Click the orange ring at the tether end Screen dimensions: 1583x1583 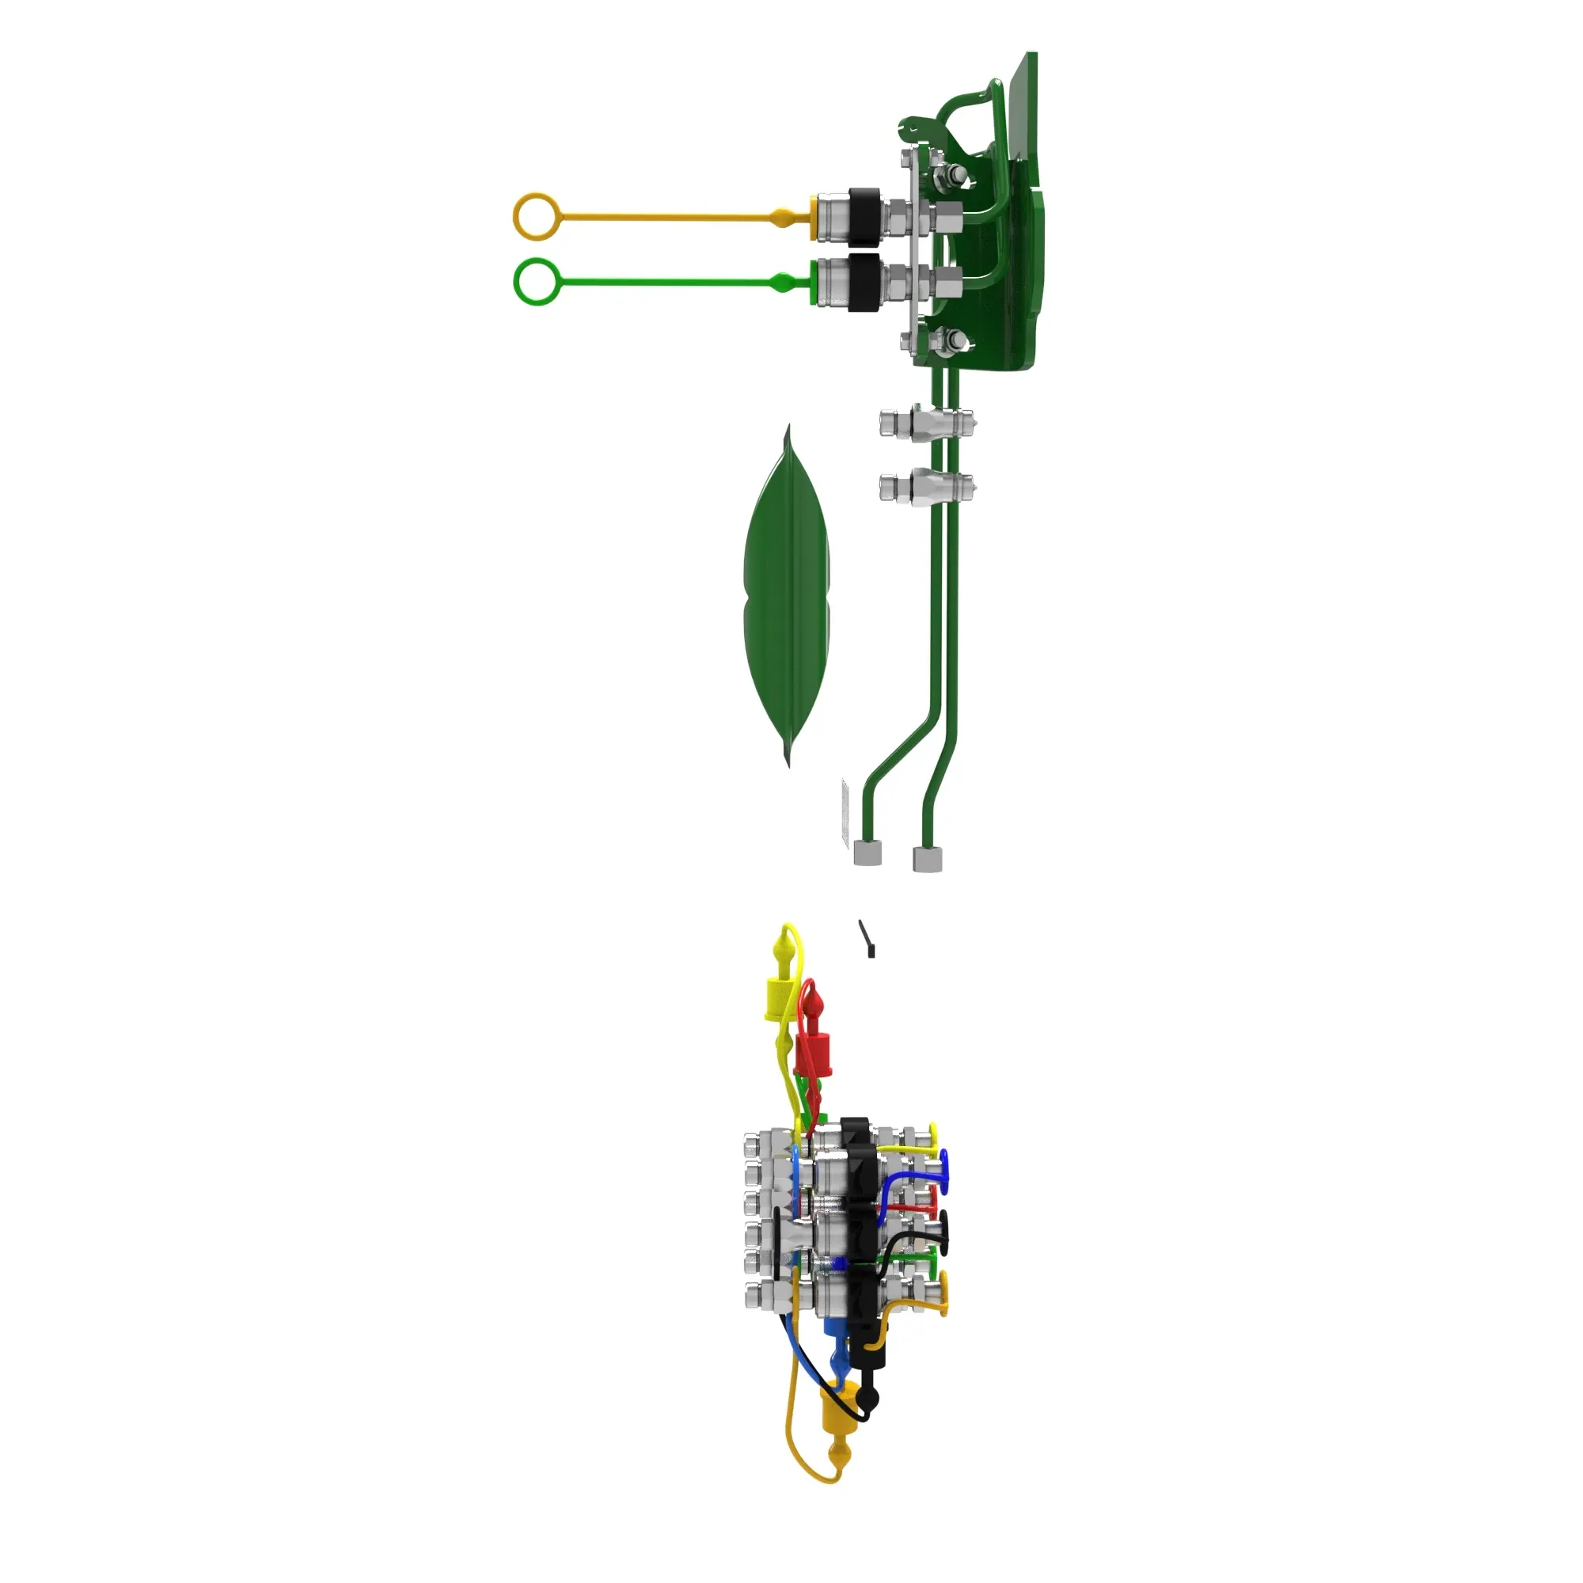pyautogui.click(x=537, y=216)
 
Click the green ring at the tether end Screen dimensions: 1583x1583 pyautogui.click(x=537, y=282)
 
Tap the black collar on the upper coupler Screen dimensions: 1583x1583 pyautogui.click(x=864, y=215)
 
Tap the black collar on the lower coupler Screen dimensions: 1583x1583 pyautogui.click(x=864, y=282)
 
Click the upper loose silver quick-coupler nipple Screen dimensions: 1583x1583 pyautogui.click(x=926, y=423)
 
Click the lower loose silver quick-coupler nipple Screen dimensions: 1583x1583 pyautogui.click(x=926, y=487)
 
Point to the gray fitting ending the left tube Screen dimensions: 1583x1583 pyautogui.click(x=867, y=853)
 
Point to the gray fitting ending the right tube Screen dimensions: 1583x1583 pyautogui.click(x=928, y=859)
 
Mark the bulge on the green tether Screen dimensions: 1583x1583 pyautogui.click(x=783, y=283)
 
